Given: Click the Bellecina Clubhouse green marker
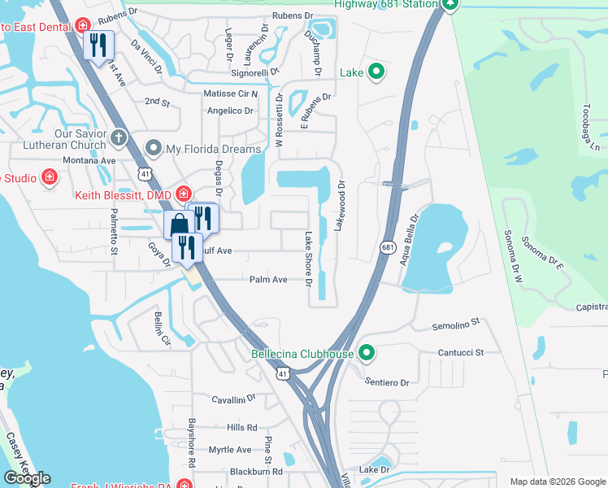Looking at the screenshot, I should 367,353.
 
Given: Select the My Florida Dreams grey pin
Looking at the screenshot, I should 153,148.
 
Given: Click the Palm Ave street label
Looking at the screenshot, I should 268,279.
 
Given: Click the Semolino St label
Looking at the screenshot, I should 457,325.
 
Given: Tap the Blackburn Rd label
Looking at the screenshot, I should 255,471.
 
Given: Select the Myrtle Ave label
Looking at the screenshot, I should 230,450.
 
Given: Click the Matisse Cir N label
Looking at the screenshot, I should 230,94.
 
